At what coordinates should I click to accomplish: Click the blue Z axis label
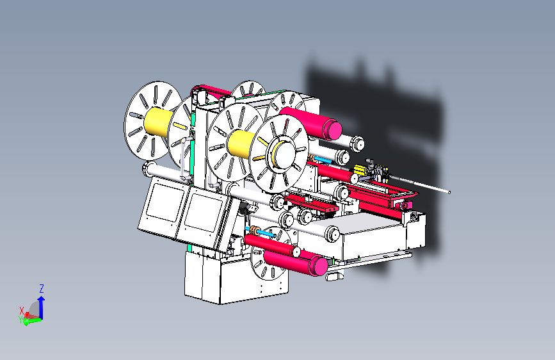click(x=42, y=288)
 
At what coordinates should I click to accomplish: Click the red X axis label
click(x=22, y=311)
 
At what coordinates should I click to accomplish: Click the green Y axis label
click(x=20, y=320)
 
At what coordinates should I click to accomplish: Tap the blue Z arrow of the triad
click(x=42, y=307)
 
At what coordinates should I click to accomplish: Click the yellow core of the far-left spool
click(x=158, y=121)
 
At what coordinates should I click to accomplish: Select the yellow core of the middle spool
click(x=241, y=143)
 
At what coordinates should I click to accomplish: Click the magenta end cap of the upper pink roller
click(x=332, y=129)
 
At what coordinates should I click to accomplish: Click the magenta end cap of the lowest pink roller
click(x=318, y=266)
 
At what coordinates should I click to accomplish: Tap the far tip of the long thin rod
click(x=449, y=192)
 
